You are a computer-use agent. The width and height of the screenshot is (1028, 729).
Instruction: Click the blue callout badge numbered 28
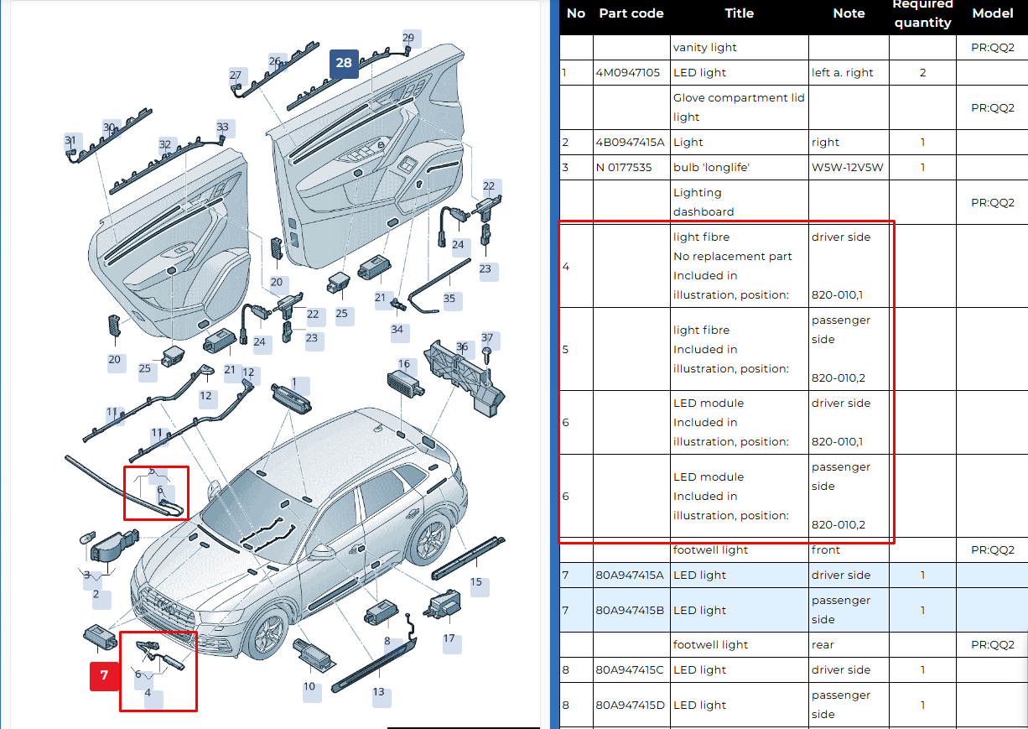(x=344, y=63)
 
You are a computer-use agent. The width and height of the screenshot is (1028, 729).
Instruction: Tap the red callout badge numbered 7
(x=104, y=675)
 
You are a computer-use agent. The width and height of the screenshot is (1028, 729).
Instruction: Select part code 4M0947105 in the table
(x=629, y=73)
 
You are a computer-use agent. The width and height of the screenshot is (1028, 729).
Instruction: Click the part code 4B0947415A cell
(x=630, y=143)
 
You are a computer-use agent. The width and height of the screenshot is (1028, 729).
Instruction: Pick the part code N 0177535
(x=624, y=168)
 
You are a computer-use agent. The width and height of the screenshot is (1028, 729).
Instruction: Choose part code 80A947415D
(x=630, y=705)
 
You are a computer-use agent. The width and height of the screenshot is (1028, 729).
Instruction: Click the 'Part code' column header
(x=631, y=13)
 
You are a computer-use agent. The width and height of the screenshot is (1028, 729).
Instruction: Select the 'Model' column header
(x=993, y=13)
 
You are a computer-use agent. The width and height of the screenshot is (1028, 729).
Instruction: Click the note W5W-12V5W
(x=847, y=168)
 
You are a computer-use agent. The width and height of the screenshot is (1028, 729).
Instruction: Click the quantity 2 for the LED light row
(x=922, y=73)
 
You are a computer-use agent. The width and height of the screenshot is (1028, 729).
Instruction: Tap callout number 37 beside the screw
(x=488, y=339)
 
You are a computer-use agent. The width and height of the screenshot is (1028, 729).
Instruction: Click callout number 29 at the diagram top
(x=408, y=38)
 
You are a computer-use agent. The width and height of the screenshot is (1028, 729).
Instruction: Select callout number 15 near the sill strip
(x=476, y=582)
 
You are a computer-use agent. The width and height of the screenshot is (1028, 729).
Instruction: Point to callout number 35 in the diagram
(x=449, y=299)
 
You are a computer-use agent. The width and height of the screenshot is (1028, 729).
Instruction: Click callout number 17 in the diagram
(x=449, y=638)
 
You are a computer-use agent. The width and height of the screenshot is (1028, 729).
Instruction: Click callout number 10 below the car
(x=309, y=686)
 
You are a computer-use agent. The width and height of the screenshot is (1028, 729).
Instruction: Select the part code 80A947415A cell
(x=630, y=575)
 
